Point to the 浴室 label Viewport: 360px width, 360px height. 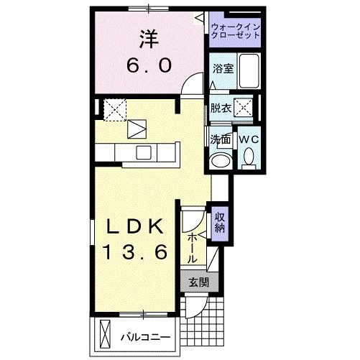tap(222, 69)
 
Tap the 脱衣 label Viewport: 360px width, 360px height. tap(221, 109)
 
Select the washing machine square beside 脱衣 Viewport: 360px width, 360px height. tap(245, 109)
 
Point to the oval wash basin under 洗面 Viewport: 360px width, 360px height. tap(220, 160)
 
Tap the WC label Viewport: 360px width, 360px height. tap(249, 138)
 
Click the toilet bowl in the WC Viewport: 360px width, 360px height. tap(249, 155)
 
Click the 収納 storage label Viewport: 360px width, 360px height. tap(220, 222)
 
